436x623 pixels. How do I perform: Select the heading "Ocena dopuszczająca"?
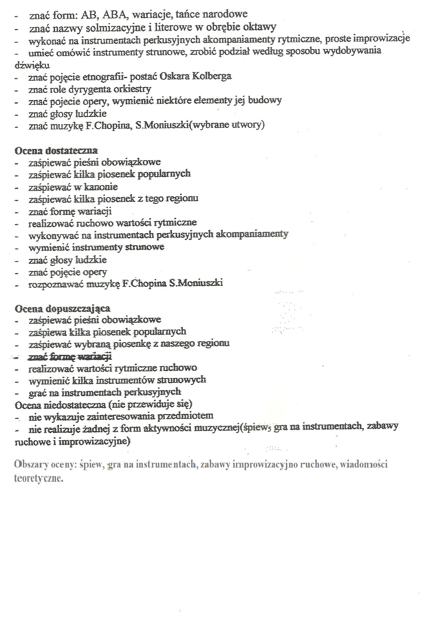63,308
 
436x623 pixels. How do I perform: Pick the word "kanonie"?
101,187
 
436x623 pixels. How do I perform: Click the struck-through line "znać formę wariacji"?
70,357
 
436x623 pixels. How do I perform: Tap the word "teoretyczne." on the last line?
39,478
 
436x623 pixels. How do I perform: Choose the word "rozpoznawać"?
56,284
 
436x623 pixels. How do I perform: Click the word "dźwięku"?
32,65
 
